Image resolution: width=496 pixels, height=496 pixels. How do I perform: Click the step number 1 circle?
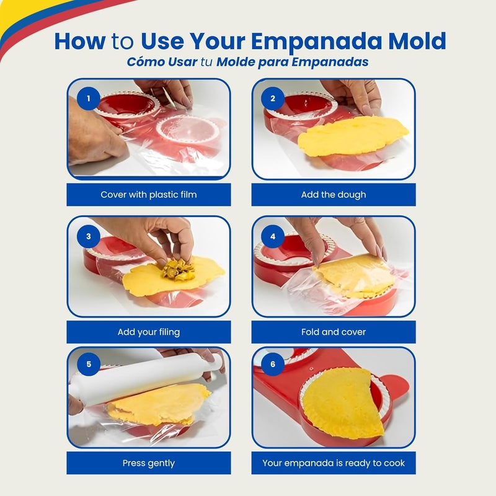[89, 98]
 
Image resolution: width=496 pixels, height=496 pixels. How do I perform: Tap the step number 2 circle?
[273, 98]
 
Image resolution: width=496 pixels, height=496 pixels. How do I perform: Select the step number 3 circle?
[89, 236]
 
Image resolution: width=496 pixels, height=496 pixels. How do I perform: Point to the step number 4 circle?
[273, 236]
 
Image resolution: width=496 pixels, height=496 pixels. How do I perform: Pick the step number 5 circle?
[89, 364]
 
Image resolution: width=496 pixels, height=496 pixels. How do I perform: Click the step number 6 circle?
[273, 364]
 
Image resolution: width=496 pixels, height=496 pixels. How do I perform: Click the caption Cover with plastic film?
[149, 195]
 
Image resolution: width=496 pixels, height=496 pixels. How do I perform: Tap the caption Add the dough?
[334, 195]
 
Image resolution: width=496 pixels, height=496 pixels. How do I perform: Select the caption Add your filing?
[149, 332]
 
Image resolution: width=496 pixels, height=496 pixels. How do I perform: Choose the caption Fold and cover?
[334, 332]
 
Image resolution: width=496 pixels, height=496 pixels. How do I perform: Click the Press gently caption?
[149, 463]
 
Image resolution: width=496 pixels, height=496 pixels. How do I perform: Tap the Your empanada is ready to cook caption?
[334, 463]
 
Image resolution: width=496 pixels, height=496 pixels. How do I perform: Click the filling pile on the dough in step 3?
[177, 268]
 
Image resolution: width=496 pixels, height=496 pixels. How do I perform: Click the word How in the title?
[81, 41]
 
